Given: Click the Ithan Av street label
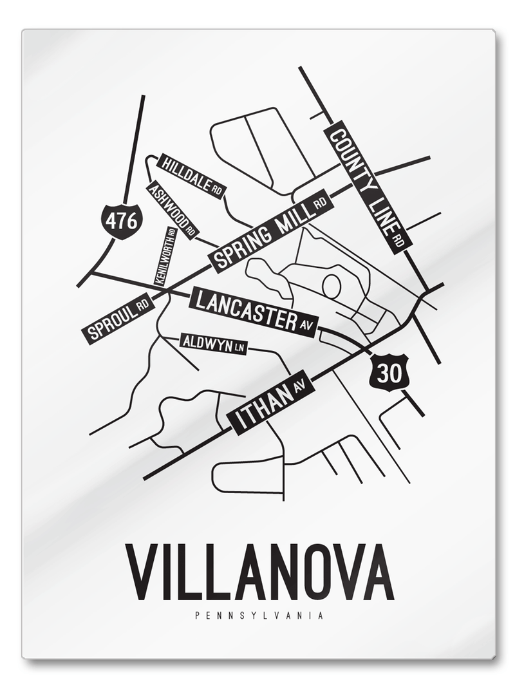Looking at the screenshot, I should point(270,403).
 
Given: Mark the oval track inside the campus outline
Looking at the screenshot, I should point(332,286).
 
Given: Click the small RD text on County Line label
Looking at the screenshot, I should point(400,241).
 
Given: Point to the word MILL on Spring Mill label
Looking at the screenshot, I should point(290,220).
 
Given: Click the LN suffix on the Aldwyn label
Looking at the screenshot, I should point(239,348).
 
